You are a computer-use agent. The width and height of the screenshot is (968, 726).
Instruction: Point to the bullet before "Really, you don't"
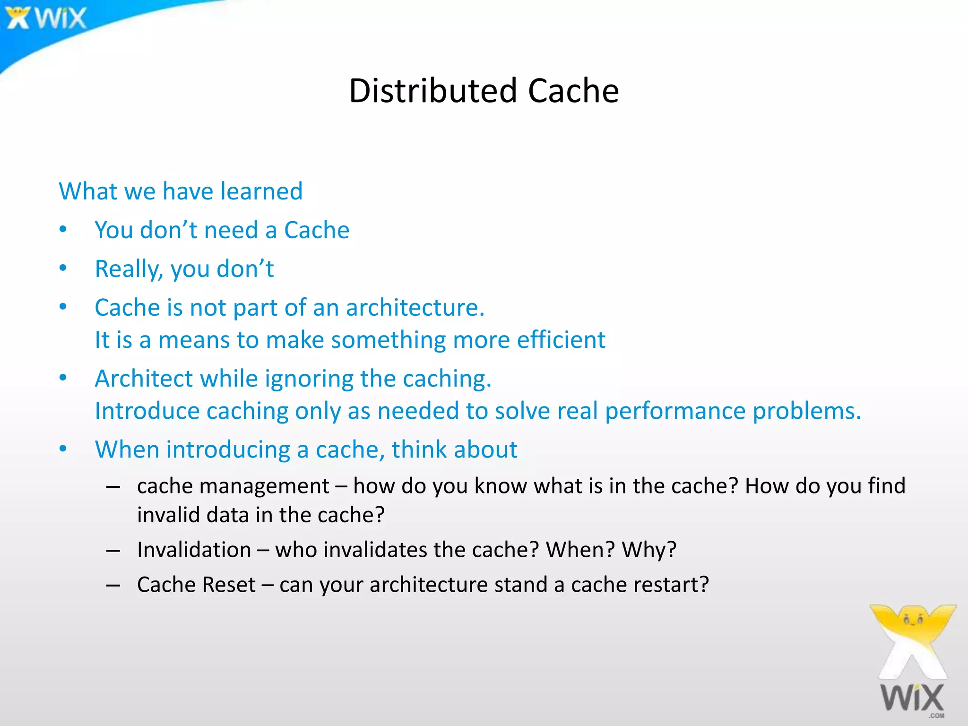(x=63, y=268)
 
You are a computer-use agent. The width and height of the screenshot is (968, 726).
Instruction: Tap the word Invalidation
(x=194, y=550)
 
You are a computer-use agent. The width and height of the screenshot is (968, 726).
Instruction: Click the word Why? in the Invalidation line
(x=649, y=550)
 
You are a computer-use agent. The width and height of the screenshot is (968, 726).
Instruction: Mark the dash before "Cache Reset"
(x=113, y=585)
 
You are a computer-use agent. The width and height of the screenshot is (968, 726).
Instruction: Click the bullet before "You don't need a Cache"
(x=63, y=229)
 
